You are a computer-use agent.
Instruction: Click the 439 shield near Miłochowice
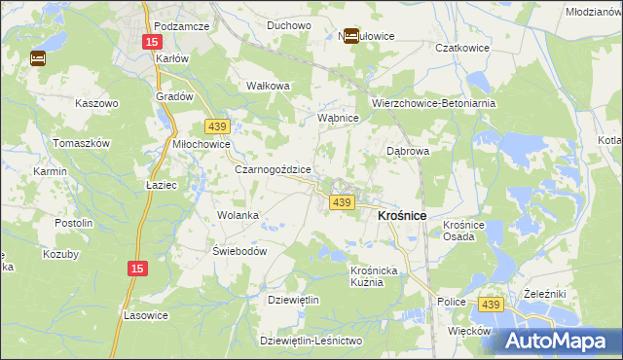point(217,126)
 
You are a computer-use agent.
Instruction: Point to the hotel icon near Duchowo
point(350,36)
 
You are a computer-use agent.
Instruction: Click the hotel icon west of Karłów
point(38,58)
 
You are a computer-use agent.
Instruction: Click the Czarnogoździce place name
point(273,168)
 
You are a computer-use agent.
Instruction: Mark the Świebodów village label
point(239,250)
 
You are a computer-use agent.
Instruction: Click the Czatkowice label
point(433,47)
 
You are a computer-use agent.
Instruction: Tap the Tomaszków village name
point(83,142)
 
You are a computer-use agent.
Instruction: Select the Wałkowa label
point(269,86)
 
